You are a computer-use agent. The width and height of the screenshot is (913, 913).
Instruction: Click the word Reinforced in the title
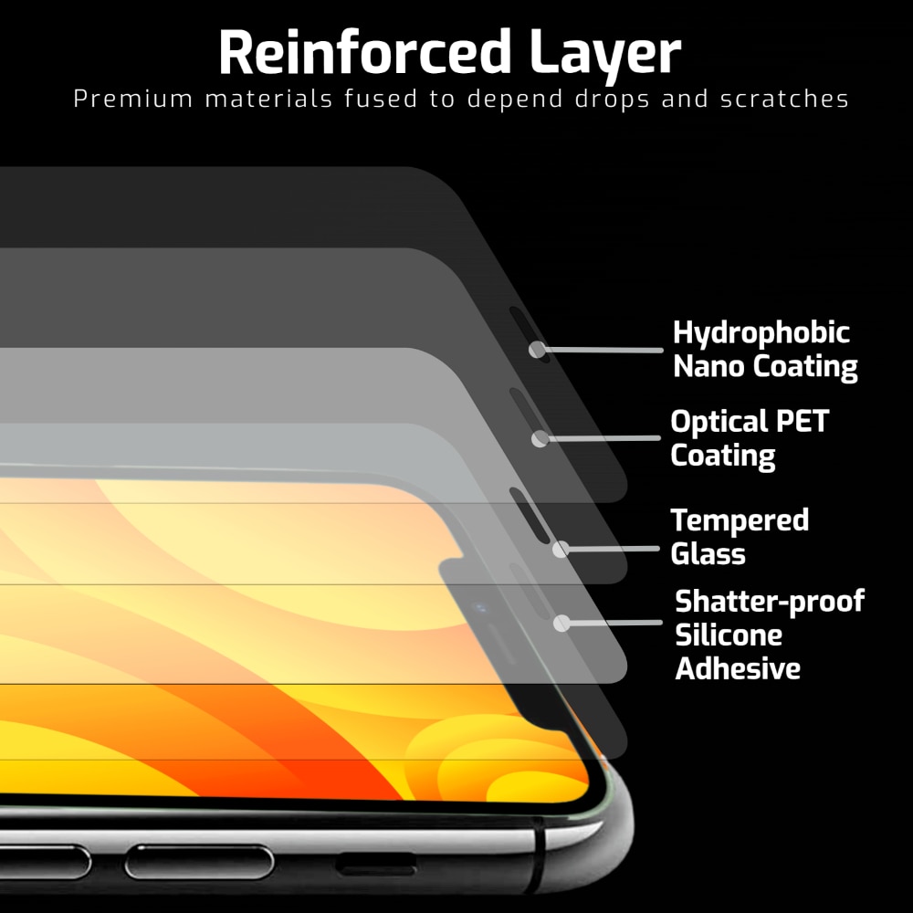pos(365,52)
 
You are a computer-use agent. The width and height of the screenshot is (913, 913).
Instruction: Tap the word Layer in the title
pos(605,56)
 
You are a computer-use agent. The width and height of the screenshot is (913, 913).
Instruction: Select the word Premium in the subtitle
pos(133,99)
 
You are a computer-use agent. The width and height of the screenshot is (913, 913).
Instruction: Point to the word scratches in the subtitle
pos(784,99)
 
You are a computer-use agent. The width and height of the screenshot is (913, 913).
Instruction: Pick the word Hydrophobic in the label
pos(761,333)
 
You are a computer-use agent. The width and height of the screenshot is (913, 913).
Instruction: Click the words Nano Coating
pos(765,367)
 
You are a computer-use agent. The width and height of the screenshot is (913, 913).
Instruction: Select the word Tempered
pos(740,520)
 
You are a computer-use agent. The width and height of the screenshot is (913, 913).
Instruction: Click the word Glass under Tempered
pos(708,553)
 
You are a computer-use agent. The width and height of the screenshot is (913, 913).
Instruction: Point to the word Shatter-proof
pos(770,602)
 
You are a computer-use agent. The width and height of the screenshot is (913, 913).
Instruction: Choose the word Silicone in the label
pos(729,635)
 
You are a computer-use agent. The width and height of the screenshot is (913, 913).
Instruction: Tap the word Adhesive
pos(738,668)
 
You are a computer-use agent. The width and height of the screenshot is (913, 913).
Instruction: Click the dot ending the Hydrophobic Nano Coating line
pos(537,350)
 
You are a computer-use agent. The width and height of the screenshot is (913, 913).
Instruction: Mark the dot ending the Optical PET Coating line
pos(540,438)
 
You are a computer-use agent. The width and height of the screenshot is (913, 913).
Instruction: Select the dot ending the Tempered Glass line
pos(561,549)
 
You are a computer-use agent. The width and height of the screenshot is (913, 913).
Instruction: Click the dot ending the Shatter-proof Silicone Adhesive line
pos(561,623)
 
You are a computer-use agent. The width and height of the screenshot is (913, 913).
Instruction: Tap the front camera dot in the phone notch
pos(480,608)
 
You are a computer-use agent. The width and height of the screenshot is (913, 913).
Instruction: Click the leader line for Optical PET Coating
pos(603,438)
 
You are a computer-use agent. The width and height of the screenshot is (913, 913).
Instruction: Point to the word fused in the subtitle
pos(381,99)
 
